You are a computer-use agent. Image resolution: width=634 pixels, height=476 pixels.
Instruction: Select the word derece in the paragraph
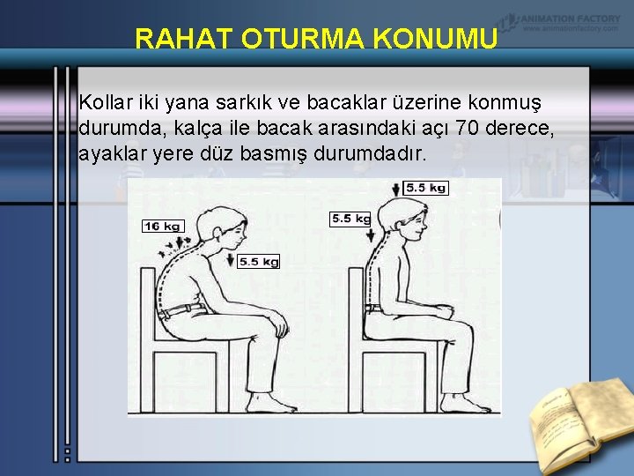tap(526, 129)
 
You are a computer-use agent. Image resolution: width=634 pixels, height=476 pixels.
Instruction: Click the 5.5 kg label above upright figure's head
tap(427, 188)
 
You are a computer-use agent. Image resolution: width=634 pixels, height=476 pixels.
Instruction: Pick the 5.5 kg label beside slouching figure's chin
tap(258, 261)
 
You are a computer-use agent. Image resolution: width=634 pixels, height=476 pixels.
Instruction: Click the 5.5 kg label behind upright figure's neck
tap(350, 218)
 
